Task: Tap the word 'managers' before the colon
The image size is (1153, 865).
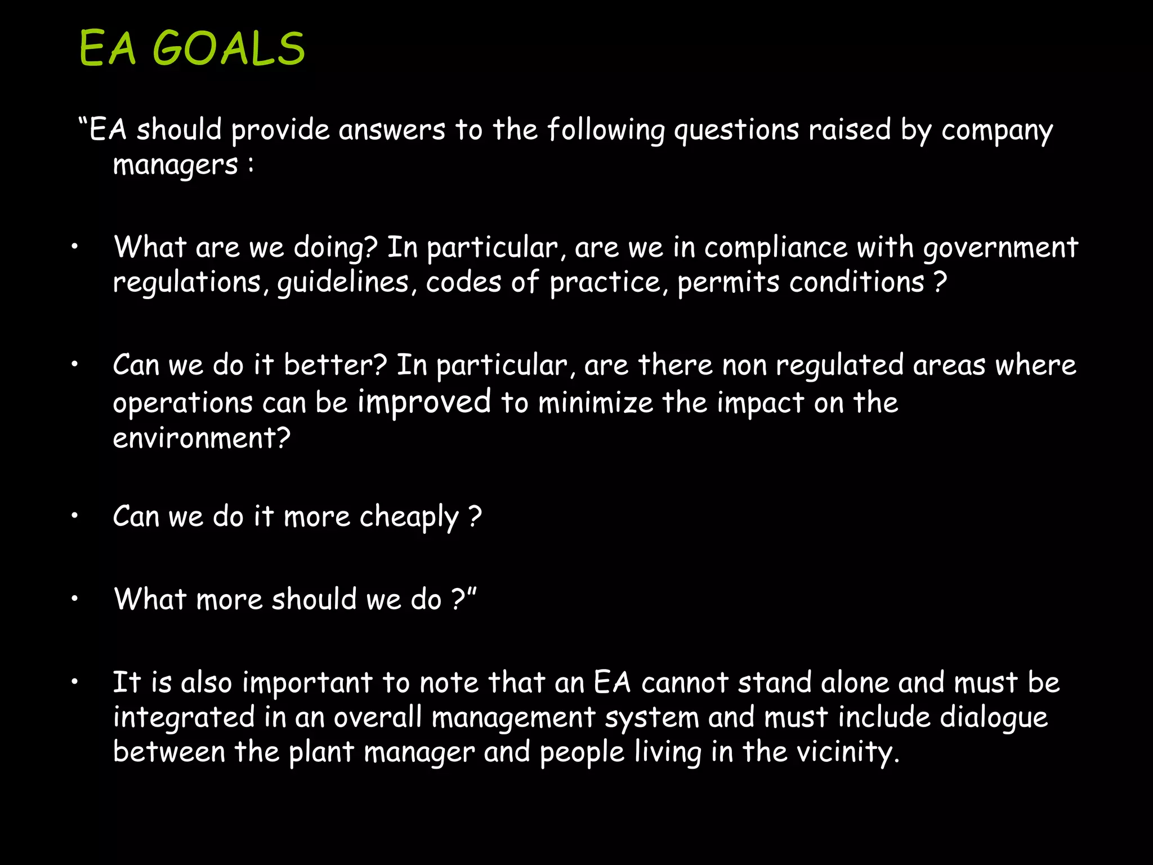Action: (x=175, y=166)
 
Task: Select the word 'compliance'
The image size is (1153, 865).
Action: (x=775, y=248)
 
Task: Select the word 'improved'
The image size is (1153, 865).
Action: (x=424, y=402)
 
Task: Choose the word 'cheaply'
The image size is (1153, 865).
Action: (x=409, y=517)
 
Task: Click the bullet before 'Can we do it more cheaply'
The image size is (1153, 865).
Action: (x=74, y=515)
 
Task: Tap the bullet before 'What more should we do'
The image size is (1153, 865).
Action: (x=74, y=599)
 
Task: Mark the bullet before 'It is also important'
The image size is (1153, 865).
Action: (x=74, y=682)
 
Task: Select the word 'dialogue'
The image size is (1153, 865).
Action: (x=994, y=717)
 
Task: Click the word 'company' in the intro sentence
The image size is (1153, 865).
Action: (x=997, y=131)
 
